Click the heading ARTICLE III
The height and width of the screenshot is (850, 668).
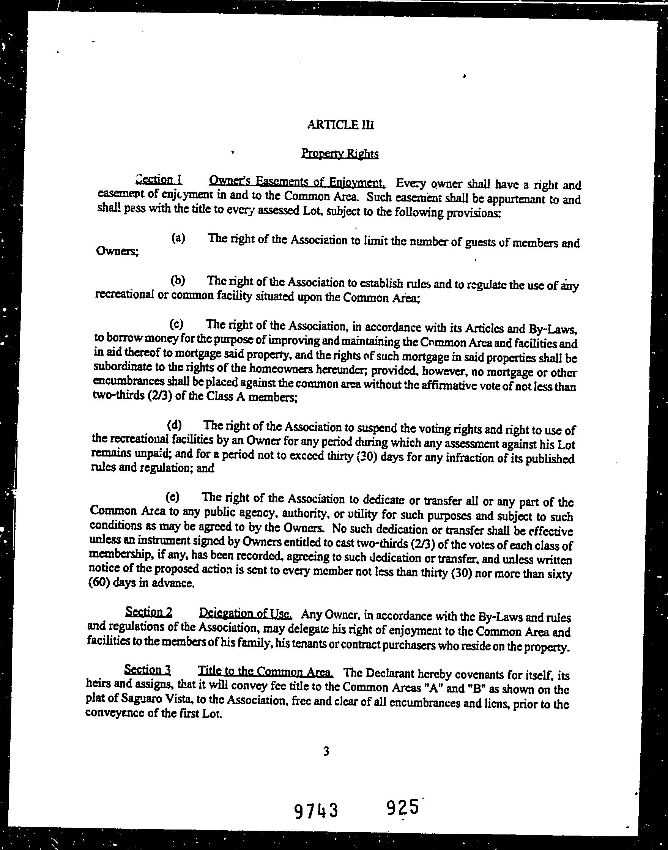coord(340,125)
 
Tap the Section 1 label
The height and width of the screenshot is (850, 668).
coord(158,180)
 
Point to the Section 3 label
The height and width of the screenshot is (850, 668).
coord(147,670)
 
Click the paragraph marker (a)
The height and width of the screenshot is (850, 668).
coord(178,238)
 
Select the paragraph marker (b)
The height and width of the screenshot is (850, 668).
coord(178,280)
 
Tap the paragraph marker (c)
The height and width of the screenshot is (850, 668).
coord(176,324)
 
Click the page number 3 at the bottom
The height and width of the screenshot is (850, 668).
coord(326,751)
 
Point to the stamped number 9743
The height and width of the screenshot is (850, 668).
coord(316,811)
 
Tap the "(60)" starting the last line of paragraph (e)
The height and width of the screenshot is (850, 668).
coord(100,583)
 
